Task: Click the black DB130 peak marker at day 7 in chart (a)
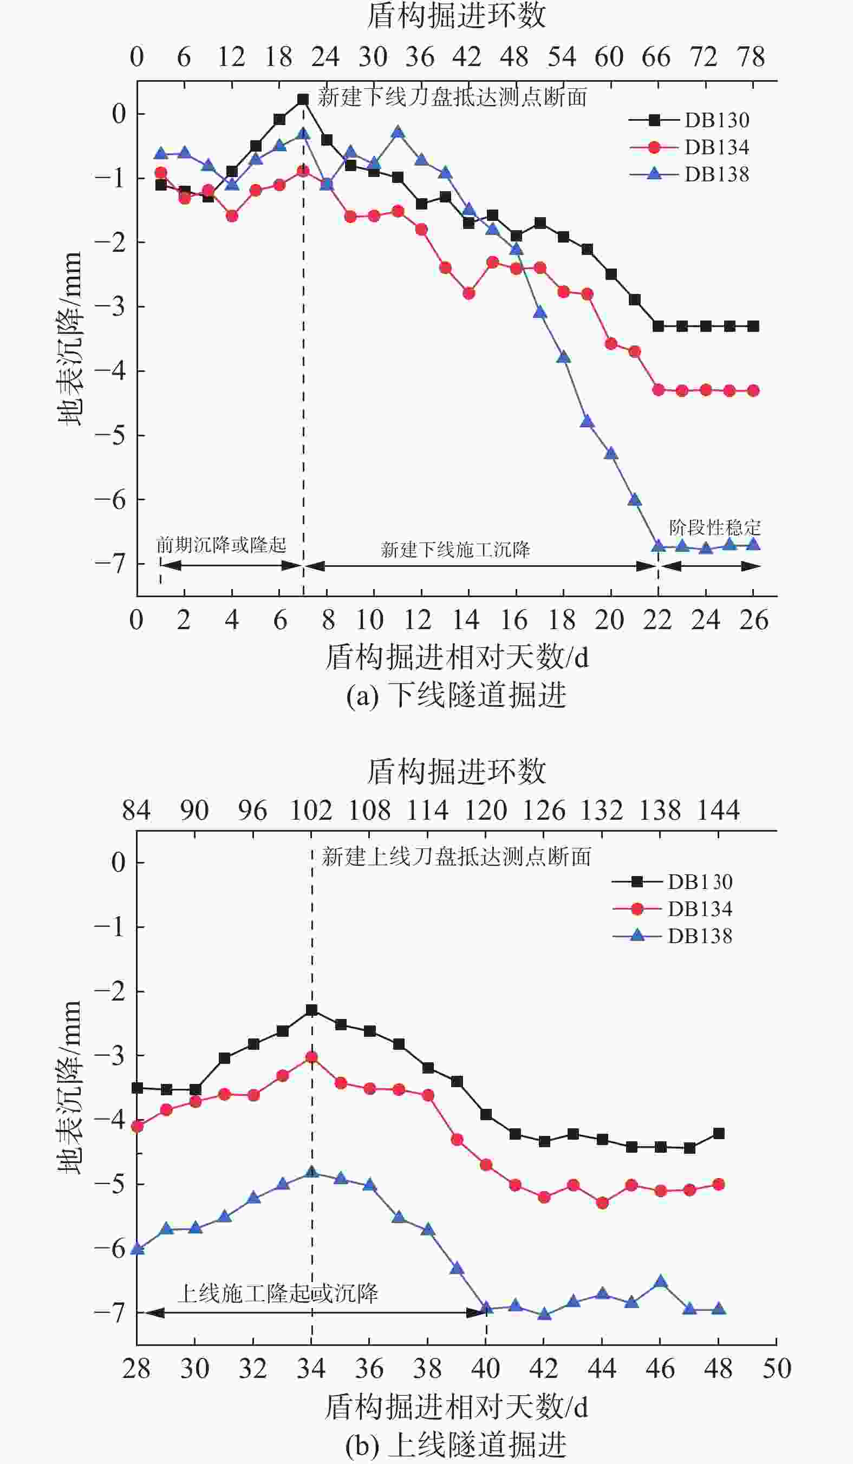coord(303,99)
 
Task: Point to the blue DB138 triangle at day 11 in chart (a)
coord(398,133)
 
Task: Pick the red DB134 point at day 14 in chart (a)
coord(469,293)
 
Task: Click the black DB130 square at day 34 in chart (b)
coord(311,1010)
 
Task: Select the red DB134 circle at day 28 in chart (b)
coord(137,1127)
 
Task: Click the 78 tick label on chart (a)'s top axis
coord(751,57)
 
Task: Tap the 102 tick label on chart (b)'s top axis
coord(311,811)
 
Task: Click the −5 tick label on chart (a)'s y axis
coord(110,435)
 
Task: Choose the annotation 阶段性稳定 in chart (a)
coord(715,527)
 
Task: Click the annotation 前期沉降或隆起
coord(222,545)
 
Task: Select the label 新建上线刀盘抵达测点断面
coord(456,857)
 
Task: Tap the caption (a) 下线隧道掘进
coord(456,695)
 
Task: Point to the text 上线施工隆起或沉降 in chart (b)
coord(277,1294)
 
